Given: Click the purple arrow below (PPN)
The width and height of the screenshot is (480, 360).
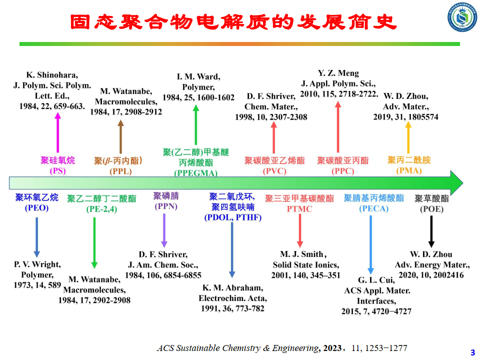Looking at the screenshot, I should tap(164, 230).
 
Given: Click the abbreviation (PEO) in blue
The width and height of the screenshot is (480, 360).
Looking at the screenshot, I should tap(36, 207).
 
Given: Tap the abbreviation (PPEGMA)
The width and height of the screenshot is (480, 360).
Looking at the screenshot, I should tap(195, 173).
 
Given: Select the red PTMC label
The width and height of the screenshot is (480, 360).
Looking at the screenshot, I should tap(299, 209).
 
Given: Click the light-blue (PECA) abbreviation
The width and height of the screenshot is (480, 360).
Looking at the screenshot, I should tap(373, 208).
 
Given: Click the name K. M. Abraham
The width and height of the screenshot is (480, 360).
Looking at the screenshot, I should tap(232, 288).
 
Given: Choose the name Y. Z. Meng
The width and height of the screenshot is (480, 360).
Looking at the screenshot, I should tap(338, 73).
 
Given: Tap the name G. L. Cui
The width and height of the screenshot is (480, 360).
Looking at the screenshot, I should tap(376, 280).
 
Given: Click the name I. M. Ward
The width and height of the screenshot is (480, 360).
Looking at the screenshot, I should tap(198, 76).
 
